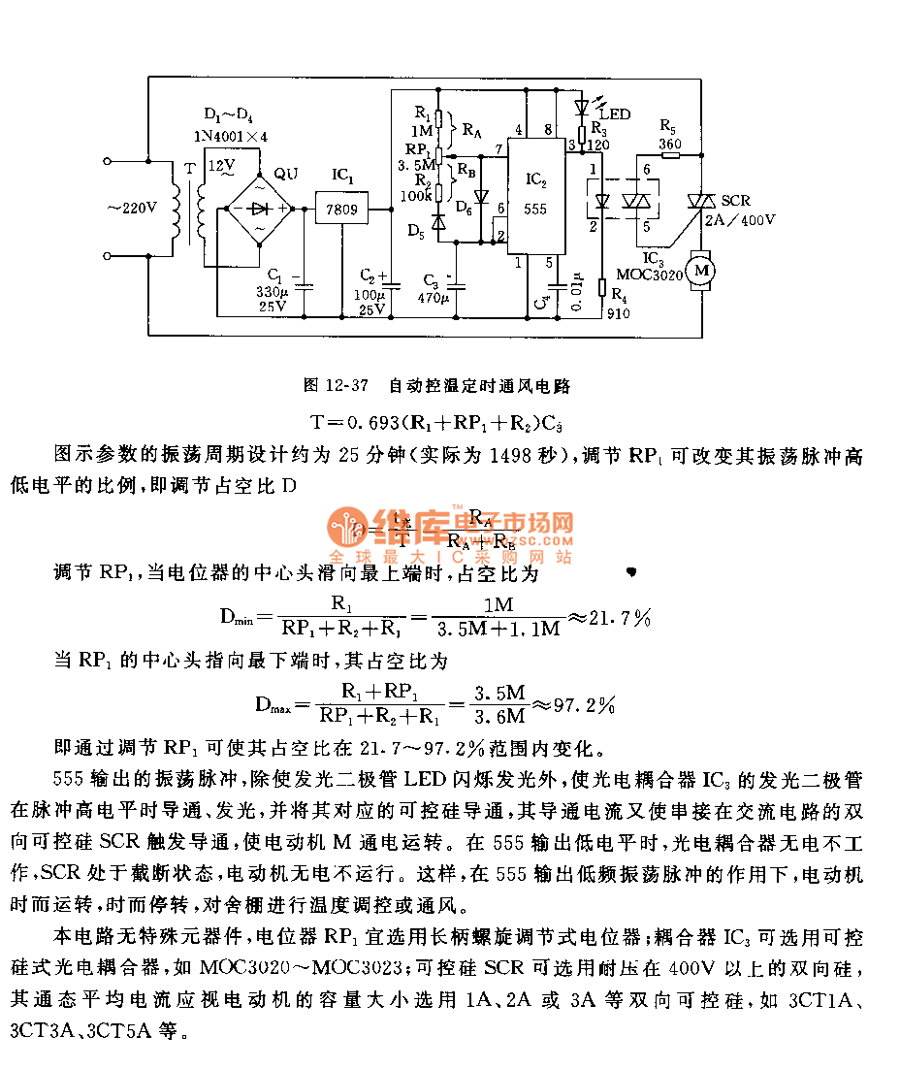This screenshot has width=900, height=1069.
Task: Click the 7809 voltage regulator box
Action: (336, 208)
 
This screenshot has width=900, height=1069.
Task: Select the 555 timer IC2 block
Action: (537, 195)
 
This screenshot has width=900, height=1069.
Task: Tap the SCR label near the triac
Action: (735, 200)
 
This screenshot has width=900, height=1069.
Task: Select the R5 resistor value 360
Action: (670, 143)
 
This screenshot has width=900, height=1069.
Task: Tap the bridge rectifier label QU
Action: (286, 175)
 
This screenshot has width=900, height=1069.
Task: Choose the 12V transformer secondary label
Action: (223, 165)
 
